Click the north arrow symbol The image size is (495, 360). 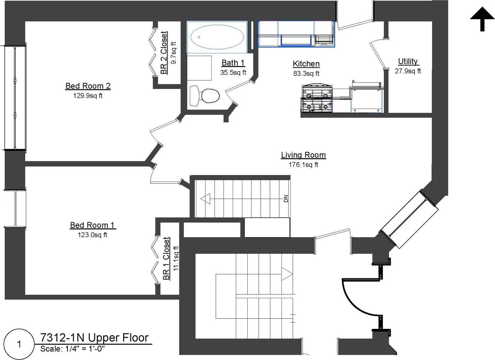coord(482,19)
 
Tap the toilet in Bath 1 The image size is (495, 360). coord(205,96)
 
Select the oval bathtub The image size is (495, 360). coord(217,37)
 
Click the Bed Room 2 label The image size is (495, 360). coord(88,86)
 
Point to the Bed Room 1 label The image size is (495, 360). coord(92,225)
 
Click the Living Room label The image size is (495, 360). coord(303,155)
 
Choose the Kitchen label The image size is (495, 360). coord(306,64)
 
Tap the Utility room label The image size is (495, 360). coord(408,61)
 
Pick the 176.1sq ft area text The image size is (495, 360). coord(303,165)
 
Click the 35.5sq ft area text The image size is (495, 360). coord(233,73)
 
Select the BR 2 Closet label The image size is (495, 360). coord(164,53)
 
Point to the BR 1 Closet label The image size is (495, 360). coord(166,259)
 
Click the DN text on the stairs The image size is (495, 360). coord(286,198)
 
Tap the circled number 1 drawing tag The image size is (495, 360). coord(19,344)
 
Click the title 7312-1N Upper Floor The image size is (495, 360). coord(95,338)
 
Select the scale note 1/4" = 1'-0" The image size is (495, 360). coord(85,349)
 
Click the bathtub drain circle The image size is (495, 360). coord(199,37)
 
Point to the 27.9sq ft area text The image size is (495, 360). coord(408,71)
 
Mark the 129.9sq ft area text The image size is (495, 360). coord(88,96)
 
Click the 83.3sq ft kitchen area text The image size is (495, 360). coord(306,73)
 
